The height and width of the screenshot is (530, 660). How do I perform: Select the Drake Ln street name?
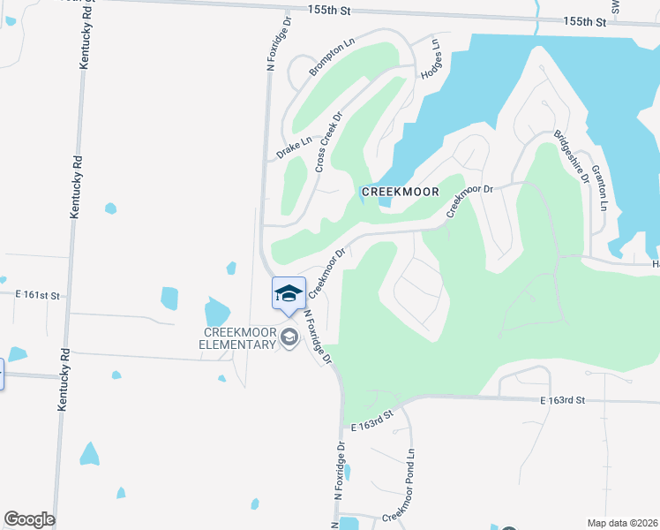tap(294, 148)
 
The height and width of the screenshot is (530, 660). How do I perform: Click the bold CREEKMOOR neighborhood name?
tap(400, 192)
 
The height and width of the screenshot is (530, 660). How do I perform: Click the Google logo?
tap(29, 519)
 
